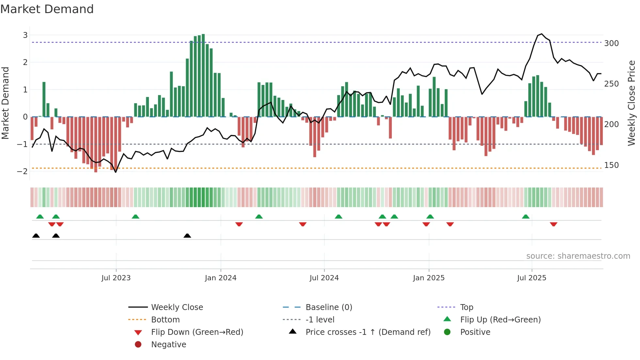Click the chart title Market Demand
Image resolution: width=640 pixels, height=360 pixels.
pos(47,9)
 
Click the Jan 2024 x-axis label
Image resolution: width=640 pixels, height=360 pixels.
pos(220,278)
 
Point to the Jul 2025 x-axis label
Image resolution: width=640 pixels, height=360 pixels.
pos(531,278)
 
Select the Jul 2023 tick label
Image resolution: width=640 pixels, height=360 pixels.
pos(116,278)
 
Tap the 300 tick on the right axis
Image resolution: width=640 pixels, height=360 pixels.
pos(611,43)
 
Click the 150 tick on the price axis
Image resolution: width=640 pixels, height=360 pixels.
pos(611,165)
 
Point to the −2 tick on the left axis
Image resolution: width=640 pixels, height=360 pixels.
pos(22,172)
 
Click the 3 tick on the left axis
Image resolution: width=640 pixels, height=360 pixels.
pos(25,35)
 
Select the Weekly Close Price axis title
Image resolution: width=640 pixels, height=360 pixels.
pos(632,103)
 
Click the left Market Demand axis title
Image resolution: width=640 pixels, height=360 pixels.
pos(6,103)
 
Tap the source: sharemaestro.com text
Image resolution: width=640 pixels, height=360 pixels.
pos(578,256)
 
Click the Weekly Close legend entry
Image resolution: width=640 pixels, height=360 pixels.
pos(177,307)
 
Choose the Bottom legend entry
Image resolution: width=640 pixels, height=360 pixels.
pos(165,320)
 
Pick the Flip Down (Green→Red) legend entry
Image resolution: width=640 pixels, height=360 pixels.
pos(197,332)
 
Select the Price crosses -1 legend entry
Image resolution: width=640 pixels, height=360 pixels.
pos(368,332)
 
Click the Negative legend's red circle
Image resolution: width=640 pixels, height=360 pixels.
pos(138,345)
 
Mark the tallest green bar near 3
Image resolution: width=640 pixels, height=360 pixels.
pos(203,75)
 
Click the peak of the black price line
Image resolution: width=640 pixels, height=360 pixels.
pos(542,34)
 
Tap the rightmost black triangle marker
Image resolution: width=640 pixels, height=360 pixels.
pos(187,236)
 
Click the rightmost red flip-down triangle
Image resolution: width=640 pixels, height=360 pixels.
pos(553,224)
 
